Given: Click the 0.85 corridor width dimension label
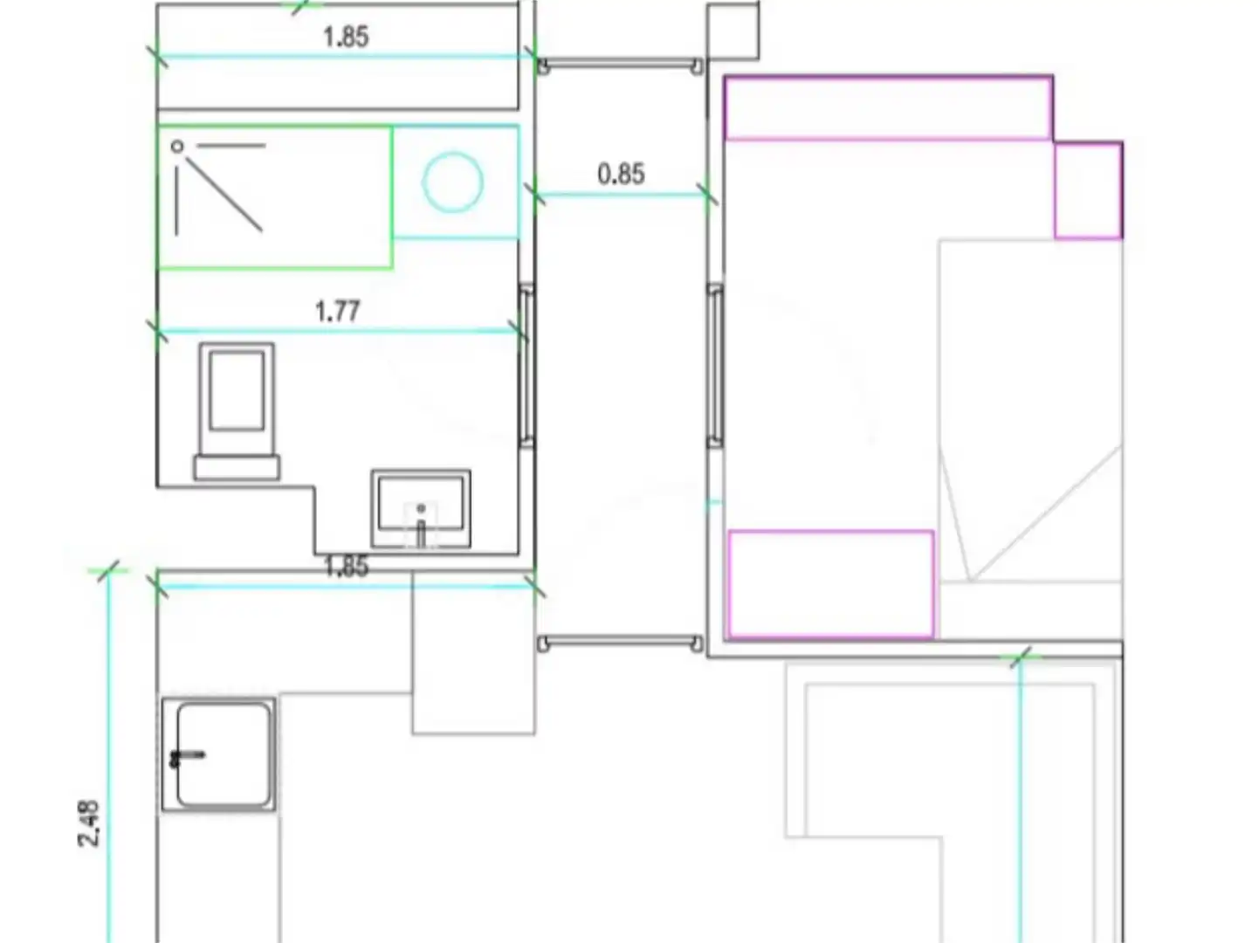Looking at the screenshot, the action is point(621,174).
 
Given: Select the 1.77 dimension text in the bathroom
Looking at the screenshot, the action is point(338,312).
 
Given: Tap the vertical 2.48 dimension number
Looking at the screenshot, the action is point(88,823).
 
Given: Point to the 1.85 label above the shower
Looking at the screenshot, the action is point(346,38).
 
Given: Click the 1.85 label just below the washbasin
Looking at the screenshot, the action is point(346,567).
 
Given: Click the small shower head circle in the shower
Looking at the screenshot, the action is point(177,147).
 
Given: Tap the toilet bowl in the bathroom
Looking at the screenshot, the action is point(237,399).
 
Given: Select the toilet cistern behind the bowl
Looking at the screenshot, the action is point(237,467).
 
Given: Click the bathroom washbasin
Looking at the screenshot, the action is point(421,509).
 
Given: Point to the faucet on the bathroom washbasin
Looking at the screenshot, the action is point(421,528).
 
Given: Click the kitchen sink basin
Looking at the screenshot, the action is point(224,755).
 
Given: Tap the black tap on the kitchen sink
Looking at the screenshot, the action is point(187,756).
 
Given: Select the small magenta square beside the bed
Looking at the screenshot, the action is point(1088,190).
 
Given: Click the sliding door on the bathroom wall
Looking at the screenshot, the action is point(527,365).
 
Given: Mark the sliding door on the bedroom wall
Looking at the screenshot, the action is point(715,365).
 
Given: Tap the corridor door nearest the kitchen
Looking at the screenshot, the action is point(620,643).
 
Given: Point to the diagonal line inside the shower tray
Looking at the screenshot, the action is point(224,194).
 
